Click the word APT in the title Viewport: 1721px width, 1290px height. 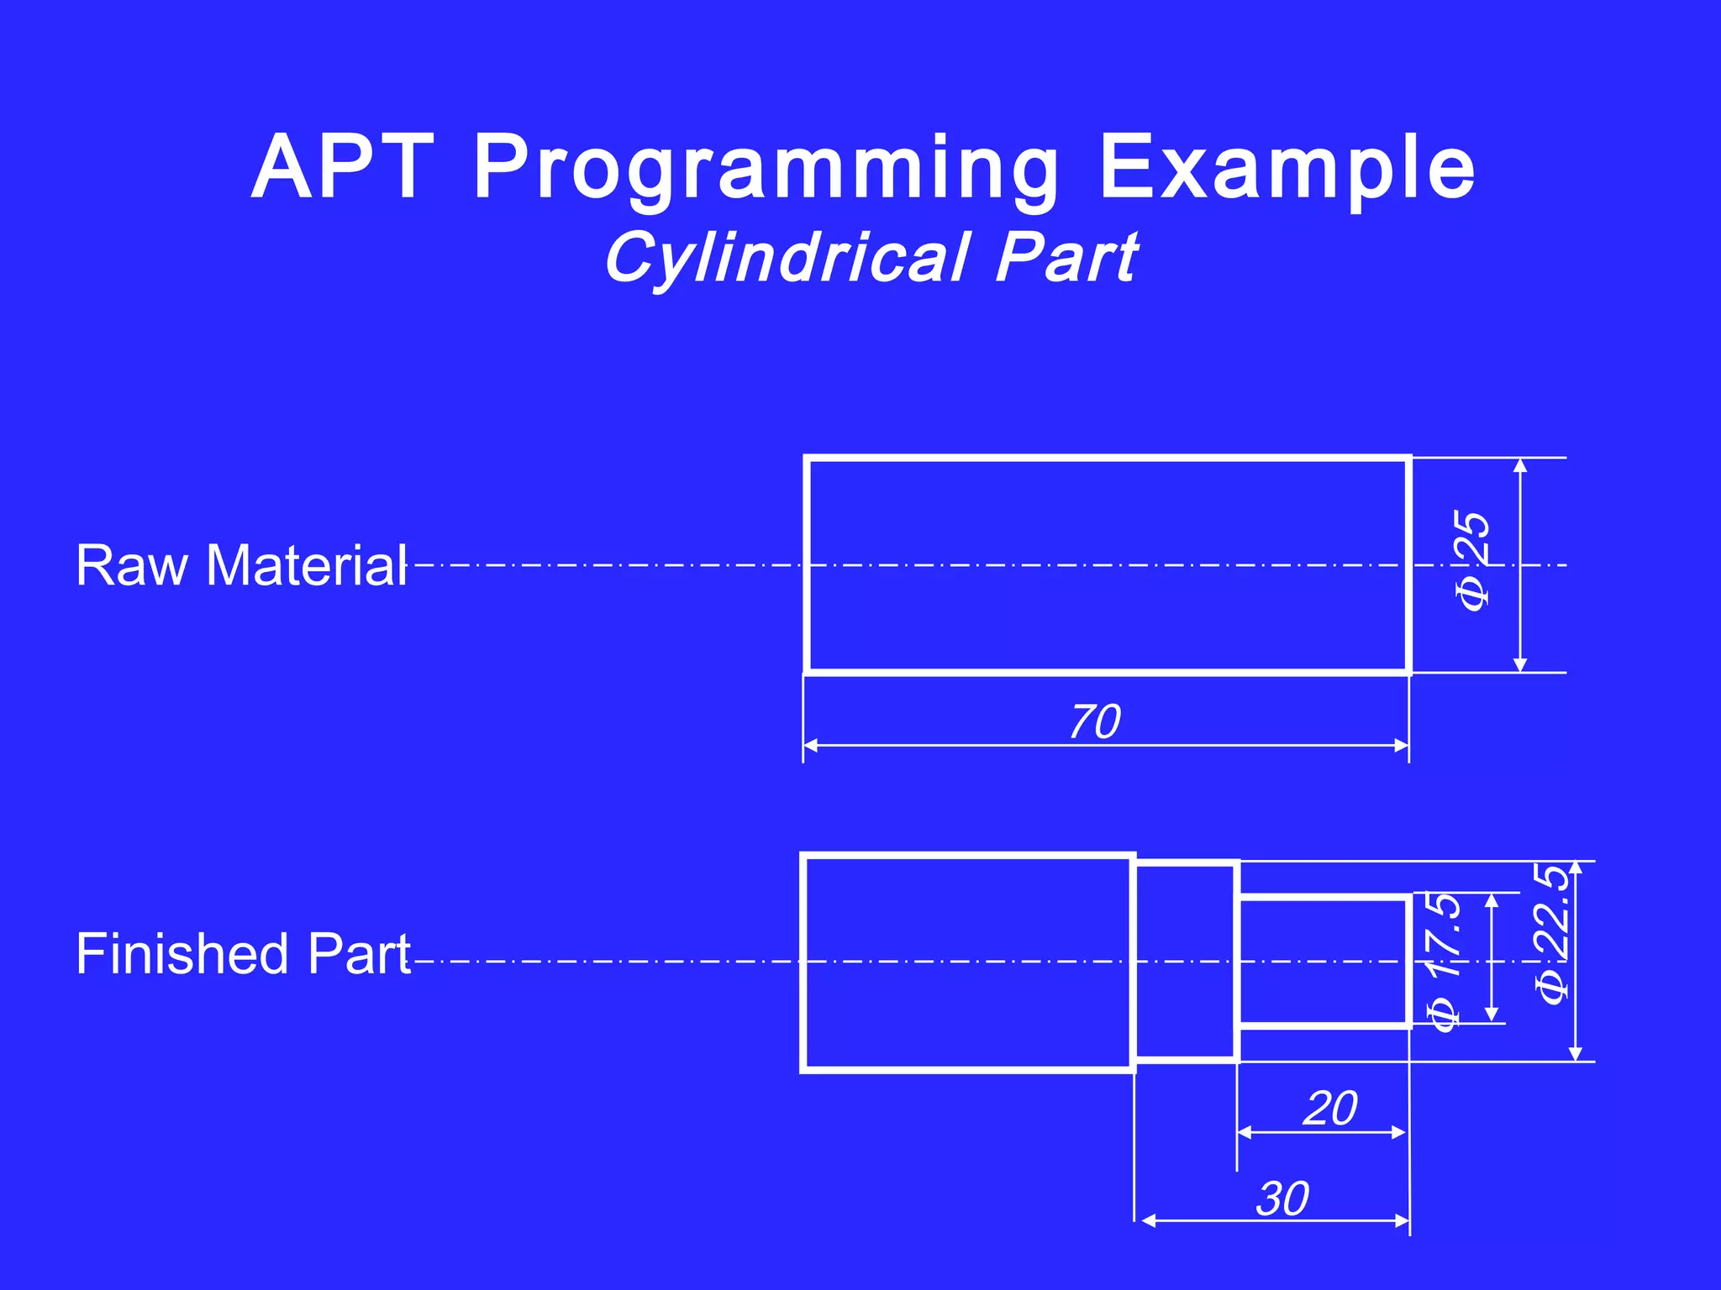(343, 168)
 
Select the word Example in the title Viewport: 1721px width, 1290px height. (1287, 170)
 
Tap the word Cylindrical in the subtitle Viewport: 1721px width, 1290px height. (787, 259)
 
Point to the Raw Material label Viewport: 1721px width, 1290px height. (241, 565)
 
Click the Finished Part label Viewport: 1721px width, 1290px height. (243, 954)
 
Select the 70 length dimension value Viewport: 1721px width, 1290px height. (1095, 722)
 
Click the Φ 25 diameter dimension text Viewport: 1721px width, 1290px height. (1473, 561)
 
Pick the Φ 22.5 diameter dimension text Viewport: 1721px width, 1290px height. (1551, 934)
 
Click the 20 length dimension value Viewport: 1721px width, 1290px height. (1329, 1109)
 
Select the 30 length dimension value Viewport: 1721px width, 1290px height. (1282, 1198)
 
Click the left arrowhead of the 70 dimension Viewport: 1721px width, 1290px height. (811, 745)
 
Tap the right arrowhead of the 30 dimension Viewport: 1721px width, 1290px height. (1402, 1221)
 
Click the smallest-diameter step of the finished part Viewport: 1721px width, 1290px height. (1324, 962)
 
